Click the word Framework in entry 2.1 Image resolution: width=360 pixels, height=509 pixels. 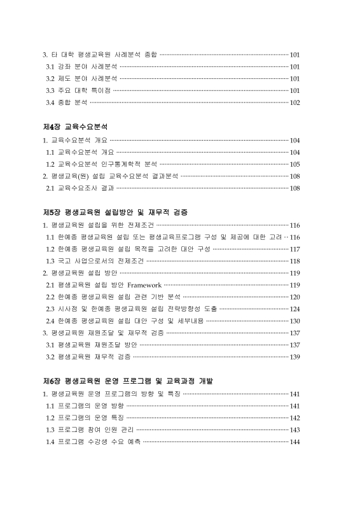click(144, 284)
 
